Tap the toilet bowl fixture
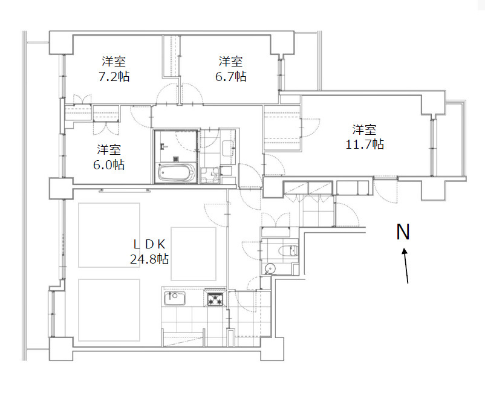click(x=288, y=250)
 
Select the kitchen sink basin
click(x=175, y=298)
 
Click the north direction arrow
click(x=406, y=265)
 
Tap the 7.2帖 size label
click(x=114, y=76)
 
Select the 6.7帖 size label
click(x=231, y=76)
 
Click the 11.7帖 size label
click(x=365, y=144)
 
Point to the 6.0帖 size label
click(x=109, y=165)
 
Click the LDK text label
click(x=150, y=244)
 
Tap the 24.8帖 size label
click(x=149, y=259)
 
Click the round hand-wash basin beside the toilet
click(x=270, y=268)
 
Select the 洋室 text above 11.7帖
click(x=365, y=130)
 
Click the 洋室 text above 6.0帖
click(x=109, y=150)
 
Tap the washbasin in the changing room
click(x=229, y=148)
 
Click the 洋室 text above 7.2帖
click(x=114, y=62)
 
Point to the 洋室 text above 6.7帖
click(x=231, y=62)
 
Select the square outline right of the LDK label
click(x=194, y=254)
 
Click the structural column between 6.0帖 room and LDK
click(x=62, y=188)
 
